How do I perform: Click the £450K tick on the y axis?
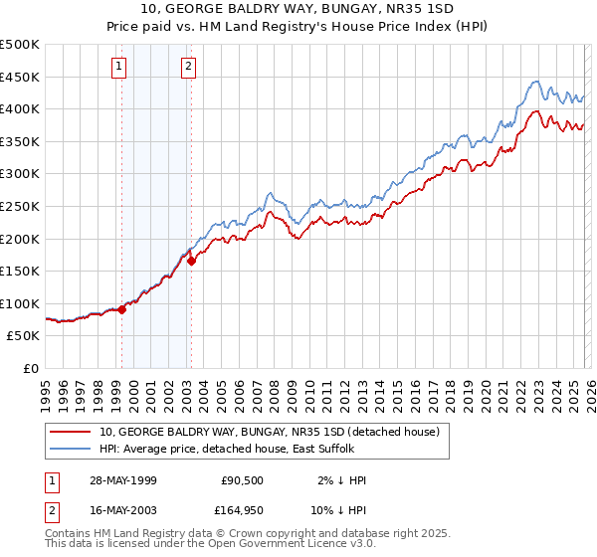coord(20,77)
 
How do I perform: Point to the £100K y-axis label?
coord(20,303)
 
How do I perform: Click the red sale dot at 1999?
coord(122,309)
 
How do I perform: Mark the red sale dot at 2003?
coord(192,262)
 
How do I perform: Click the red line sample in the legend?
coord(71,432)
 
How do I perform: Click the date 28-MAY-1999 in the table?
coord(122,480)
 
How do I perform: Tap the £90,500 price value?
coord(240,480)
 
